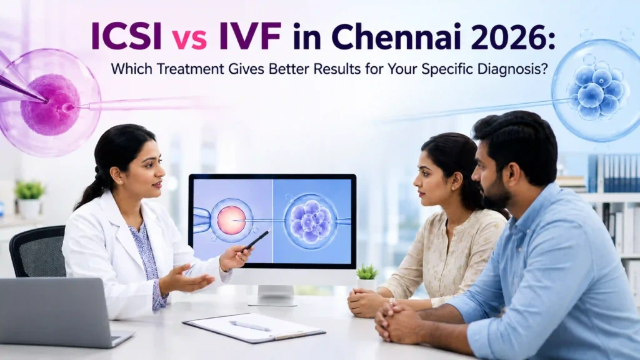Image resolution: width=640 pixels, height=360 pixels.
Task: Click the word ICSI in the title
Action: click(126, 36)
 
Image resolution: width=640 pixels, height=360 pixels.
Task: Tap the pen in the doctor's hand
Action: click(257, 240)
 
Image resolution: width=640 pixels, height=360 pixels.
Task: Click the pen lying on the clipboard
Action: click(250, 326)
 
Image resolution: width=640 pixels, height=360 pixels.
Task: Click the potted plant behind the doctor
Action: click(29, 199)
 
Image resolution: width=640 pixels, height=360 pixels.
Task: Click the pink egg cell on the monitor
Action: click(231, 220)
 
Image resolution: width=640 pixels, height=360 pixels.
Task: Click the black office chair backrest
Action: click(37, 251)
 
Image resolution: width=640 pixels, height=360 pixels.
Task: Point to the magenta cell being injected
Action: click(50, 104)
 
